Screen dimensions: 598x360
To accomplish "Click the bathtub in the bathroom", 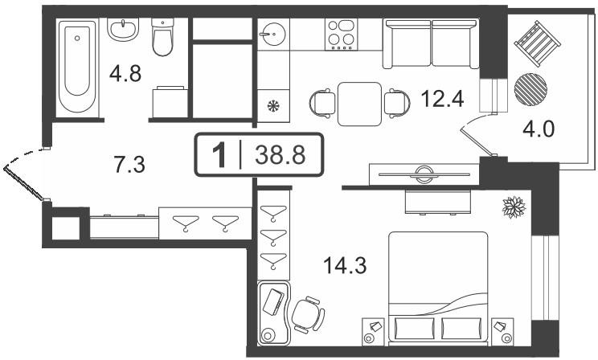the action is pos(77,67).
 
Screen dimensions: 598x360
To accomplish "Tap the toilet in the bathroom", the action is pos(163,37).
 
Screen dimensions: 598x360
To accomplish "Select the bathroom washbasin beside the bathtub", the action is pos(123,30).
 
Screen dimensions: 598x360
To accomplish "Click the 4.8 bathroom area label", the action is pos(125,74).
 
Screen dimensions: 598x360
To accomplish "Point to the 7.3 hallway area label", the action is pos(129,165).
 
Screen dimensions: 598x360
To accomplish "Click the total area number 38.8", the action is pos(281,155).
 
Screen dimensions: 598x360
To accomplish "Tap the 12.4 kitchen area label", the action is pos(442,99).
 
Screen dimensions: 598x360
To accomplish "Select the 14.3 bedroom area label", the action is pos(345,265).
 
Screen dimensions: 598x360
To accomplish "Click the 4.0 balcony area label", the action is pos(539,129).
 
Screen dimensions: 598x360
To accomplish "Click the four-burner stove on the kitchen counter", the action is pos(342,35).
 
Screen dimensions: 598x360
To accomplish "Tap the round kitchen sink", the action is pos(273,34).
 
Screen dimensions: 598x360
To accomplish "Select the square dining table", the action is pos(359,104).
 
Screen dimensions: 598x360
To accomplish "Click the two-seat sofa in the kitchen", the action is pos(431,45).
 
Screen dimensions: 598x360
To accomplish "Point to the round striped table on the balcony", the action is pos(530,89).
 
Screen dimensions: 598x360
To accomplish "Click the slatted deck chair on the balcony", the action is pos(538,43).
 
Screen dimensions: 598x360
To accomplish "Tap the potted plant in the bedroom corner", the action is pos(514,207).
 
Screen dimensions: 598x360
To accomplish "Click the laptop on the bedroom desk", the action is pos(273,302).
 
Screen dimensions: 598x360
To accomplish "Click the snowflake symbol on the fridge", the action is pos(273,105).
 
